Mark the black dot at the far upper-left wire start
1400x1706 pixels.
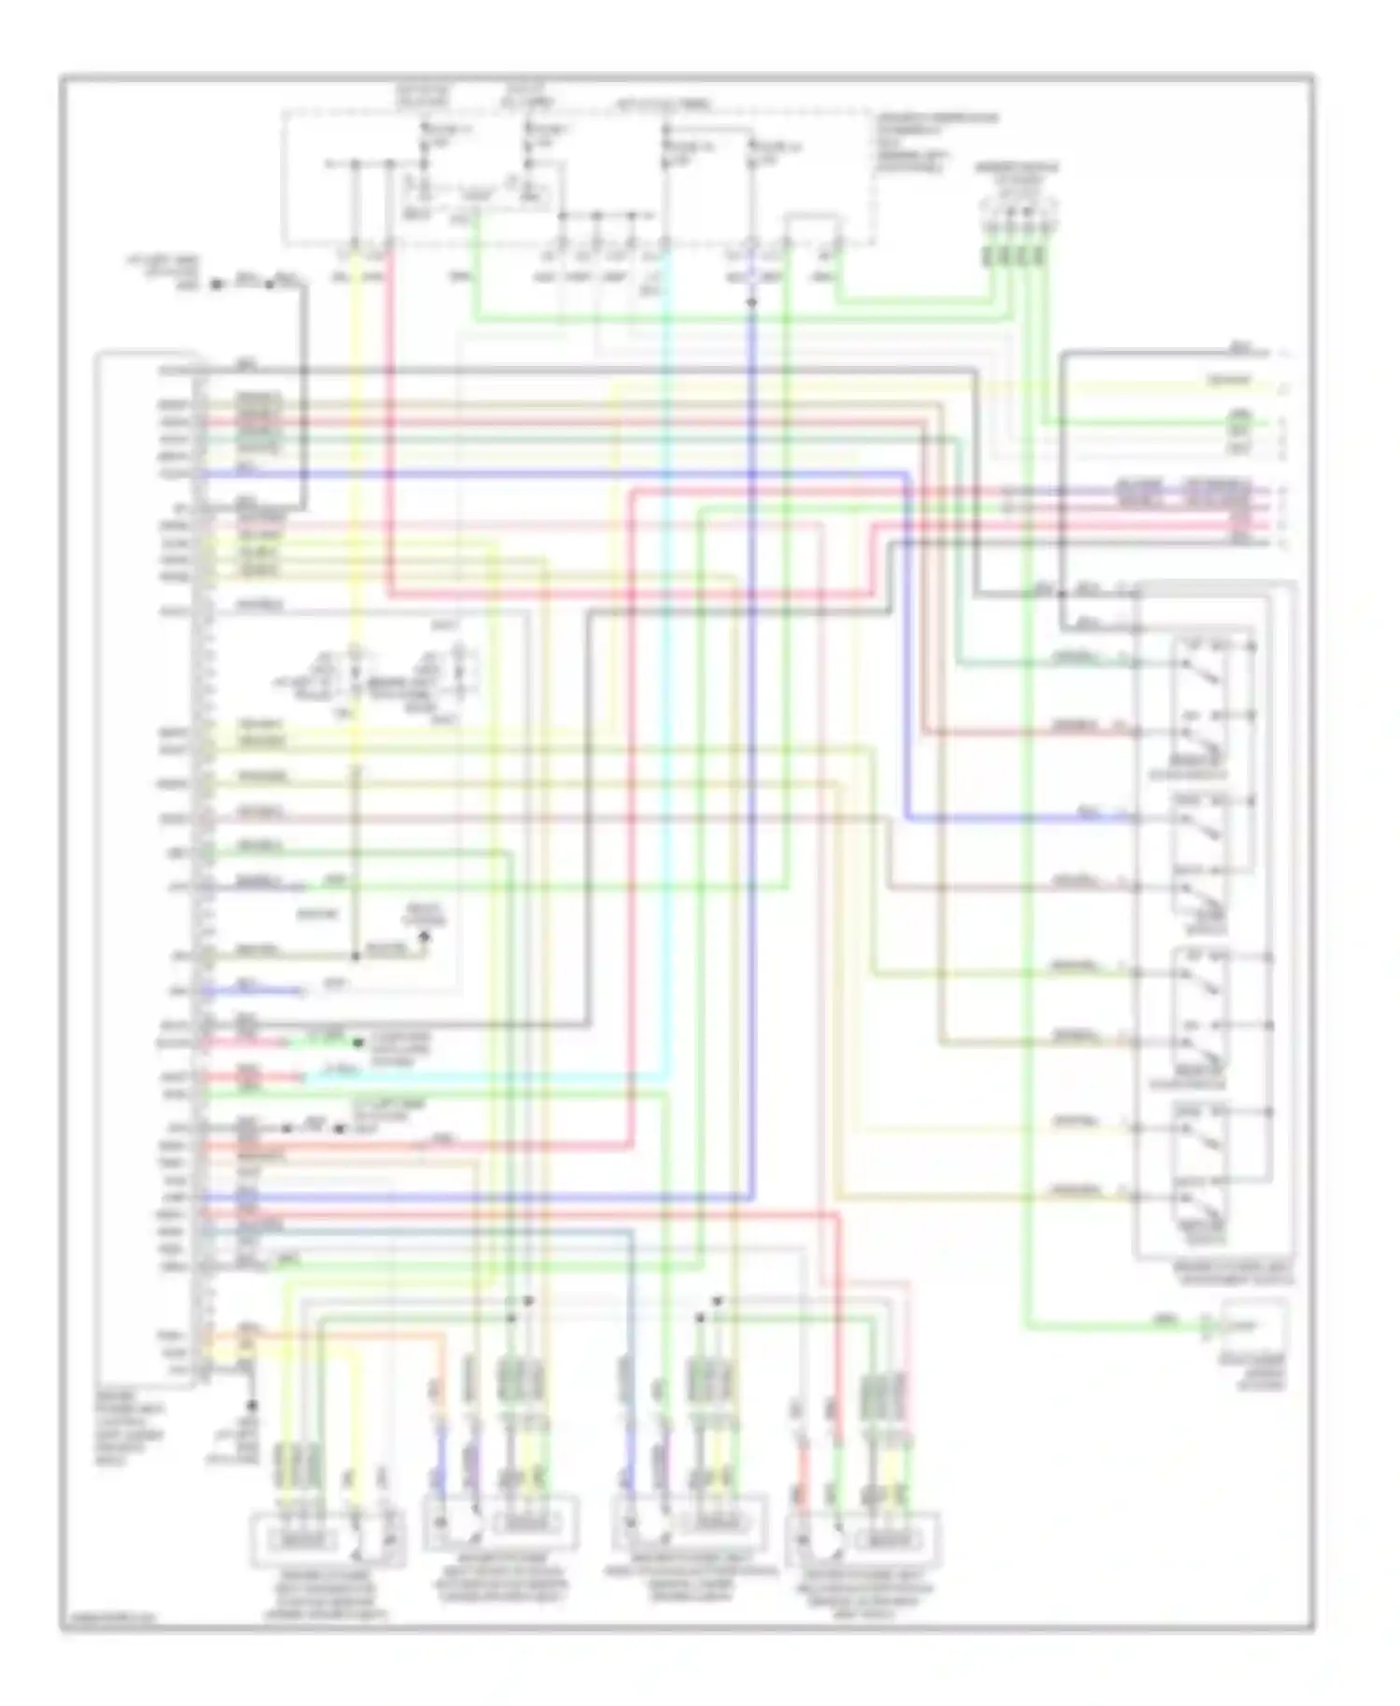point(216,284)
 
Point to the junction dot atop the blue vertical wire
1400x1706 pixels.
point(751,302)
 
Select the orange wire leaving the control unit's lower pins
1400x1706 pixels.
point(355,1335)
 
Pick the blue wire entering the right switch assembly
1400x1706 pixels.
point(1027,819)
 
